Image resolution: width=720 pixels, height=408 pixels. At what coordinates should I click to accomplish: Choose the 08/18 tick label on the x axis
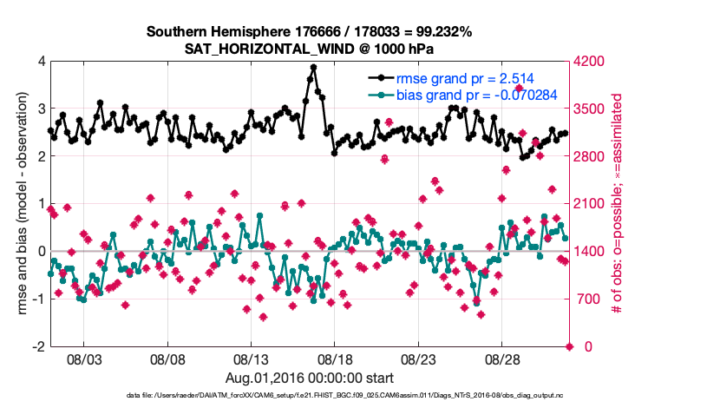coord(335,359)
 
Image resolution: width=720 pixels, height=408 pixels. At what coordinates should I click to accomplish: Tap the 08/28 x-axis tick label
coord(502,359)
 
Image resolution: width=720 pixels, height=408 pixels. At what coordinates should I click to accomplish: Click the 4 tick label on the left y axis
coord(41,62)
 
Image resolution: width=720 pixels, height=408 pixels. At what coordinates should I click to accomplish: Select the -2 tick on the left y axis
coord(38,346)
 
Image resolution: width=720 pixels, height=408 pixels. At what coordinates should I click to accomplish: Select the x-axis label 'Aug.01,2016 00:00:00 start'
coord(310,378)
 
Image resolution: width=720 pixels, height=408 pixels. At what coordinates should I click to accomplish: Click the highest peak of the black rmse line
coord(313,67)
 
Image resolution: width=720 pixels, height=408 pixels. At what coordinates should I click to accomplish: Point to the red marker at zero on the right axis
coord(570,346)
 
